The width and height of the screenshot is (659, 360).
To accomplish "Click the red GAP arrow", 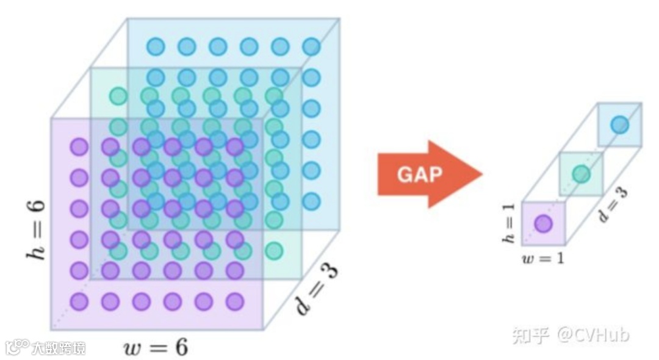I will [427, 175].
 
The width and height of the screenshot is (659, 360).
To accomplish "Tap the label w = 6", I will [155, 348].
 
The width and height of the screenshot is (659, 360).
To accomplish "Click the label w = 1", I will [542, 258].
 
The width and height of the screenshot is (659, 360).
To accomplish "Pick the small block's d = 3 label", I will [613, 204].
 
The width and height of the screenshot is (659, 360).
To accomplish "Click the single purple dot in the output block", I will [543, 224].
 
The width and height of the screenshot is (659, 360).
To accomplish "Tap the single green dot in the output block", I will [581, 175].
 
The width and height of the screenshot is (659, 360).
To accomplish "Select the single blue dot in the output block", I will [619, 124].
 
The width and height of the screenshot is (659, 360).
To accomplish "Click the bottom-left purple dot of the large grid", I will [79, 301].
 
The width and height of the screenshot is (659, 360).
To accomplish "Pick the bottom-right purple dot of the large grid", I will [235, 301].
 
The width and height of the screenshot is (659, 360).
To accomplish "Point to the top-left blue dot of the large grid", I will [156, 46].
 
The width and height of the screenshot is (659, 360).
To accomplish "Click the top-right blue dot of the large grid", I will [311, 46].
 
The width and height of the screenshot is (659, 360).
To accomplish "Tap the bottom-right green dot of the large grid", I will [274, 250].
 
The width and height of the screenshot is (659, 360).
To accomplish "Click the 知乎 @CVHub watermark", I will [570, 335].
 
